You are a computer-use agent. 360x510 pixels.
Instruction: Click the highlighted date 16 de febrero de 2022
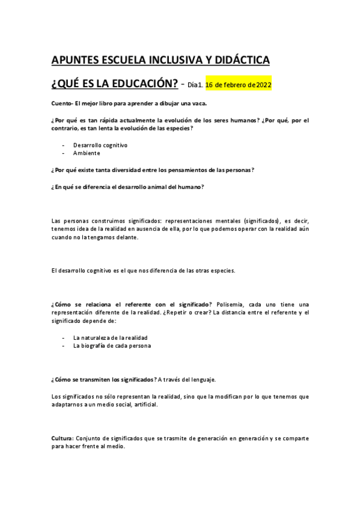pos(239,85)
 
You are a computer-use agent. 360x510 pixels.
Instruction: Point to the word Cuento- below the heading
pos(62,104)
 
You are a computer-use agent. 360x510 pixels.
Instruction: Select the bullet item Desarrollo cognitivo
pos(100,145)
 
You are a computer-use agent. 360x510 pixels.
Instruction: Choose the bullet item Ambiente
pos(87,153)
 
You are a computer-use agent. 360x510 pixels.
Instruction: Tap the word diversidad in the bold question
pos(129,170)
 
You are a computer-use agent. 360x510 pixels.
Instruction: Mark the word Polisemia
pos(230,304)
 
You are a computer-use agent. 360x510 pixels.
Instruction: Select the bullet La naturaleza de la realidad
pos(110,337)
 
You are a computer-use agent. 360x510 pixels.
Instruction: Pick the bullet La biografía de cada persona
pos(112,346)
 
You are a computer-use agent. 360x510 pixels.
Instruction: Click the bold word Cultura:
pos(63,438)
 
